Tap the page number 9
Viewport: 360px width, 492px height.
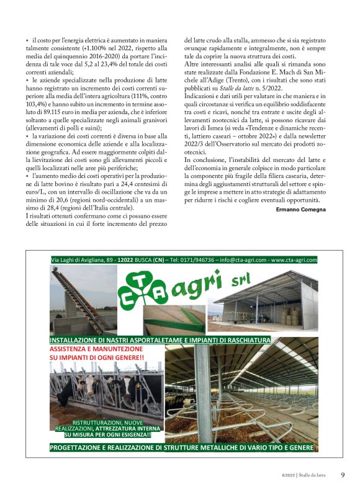(x=343, y=475)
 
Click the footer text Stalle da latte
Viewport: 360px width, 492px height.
(x=313, y=476)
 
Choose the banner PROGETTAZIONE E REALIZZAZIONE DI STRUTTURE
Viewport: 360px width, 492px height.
(x=182, y=447)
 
